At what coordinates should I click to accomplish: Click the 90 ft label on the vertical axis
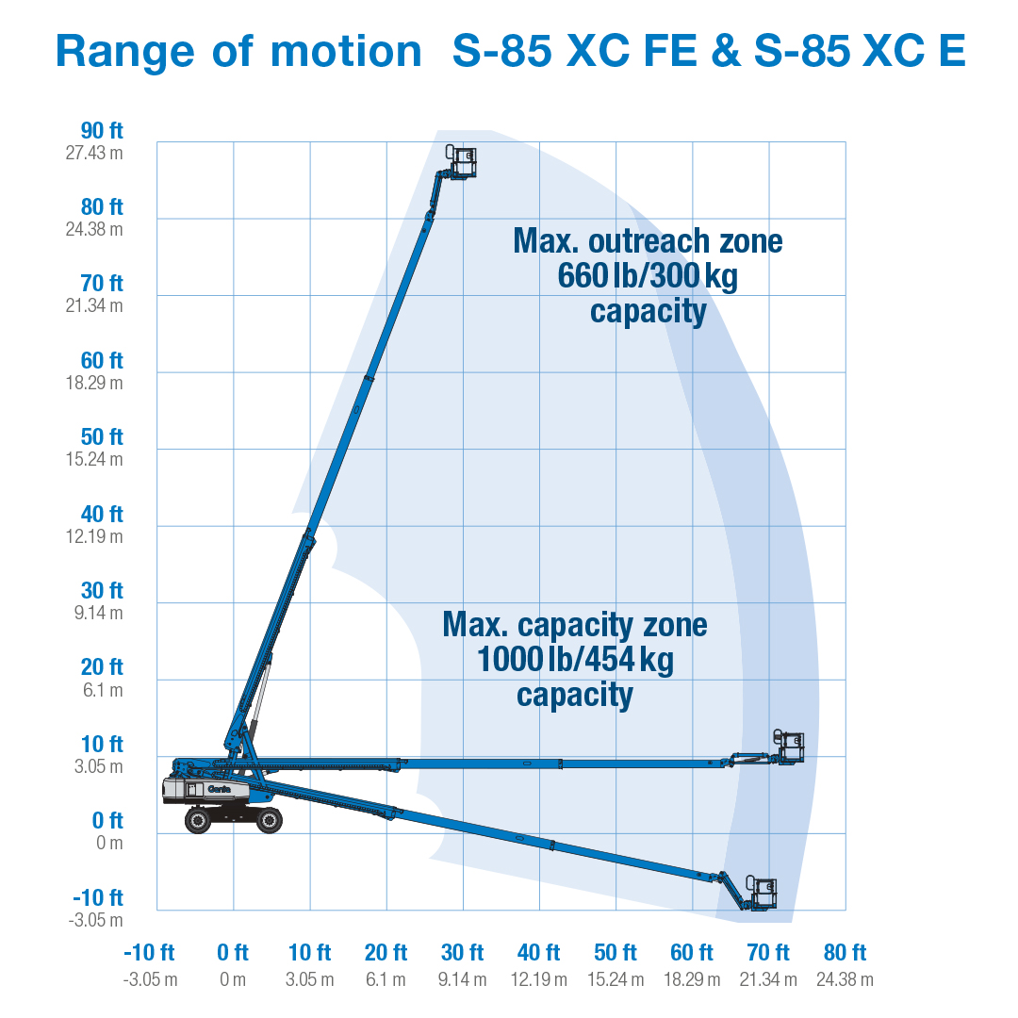(x=102, y=131)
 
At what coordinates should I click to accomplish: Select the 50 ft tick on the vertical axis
(x=102, y=437)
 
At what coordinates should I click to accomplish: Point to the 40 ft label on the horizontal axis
(x=539, y=952)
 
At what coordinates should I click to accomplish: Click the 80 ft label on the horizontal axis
(x=845, y=952)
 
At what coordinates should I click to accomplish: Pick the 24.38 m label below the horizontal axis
(x=845, y=980)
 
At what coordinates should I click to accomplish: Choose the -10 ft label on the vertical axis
(x=98, y=897)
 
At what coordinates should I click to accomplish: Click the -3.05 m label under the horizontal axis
(x=150, y=980)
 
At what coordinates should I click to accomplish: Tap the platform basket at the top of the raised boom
(x=462, y=161)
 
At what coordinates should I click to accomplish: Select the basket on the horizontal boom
(x=789, y=747)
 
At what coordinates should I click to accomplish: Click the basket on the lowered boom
(x=762, y=892)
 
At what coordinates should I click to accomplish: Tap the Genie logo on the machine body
(x=220, y=788)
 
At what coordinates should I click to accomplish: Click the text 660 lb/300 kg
(x=648, y=276)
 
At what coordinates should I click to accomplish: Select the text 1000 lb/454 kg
(x=575, y=660)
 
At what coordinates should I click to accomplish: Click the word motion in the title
(x=346, y=51)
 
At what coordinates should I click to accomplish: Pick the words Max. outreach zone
(x=648, y=241)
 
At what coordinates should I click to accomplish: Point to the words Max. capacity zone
(x=575, y=625)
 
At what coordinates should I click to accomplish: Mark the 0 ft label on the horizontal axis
(x=233, y=952)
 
